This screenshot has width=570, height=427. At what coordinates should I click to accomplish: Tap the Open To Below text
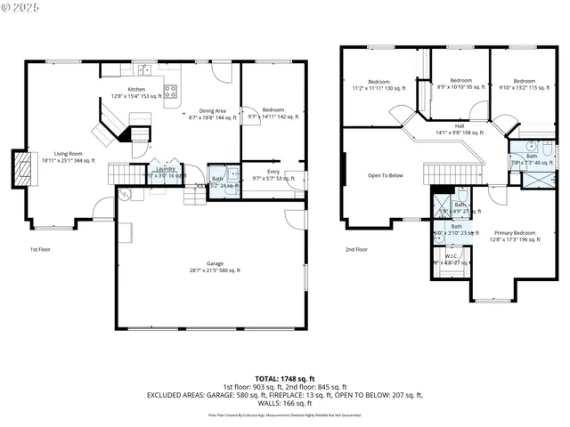click(x=385, y=175)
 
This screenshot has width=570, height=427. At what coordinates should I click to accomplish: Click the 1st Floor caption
click(x=39, y=250)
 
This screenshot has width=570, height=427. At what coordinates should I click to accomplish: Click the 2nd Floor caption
click(x=356, y=250)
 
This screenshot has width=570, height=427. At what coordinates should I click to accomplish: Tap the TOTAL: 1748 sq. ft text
click(x=284, y=378)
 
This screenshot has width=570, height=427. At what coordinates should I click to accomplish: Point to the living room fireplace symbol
click(x=20, y=167)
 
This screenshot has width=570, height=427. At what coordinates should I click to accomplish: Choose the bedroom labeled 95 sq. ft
click(x=460, y=84)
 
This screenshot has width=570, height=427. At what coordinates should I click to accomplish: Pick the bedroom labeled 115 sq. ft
click(x=523, y=85)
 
